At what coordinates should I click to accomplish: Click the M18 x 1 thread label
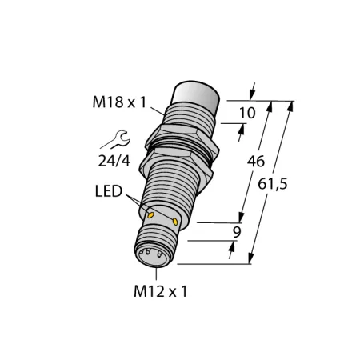(x=119, y=102)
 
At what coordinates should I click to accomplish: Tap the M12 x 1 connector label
(x=161, y=291)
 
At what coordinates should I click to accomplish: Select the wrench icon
(x=118, y=139)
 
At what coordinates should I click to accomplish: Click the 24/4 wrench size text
(x=114, y=161)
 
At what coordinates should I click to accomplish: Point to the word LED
(x=109, y=191)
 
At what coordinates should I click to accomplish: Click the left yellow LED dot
(x=151, y=214)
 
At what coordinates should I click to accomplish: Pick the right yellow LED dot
(x=175, y=222)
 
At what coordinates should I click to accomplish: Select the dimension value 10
(x=247, y=113)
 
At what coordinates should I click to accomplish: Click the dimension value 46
(x=256, y=162)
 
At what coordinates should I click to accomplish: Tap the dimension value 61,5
(x=273, y=184)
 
